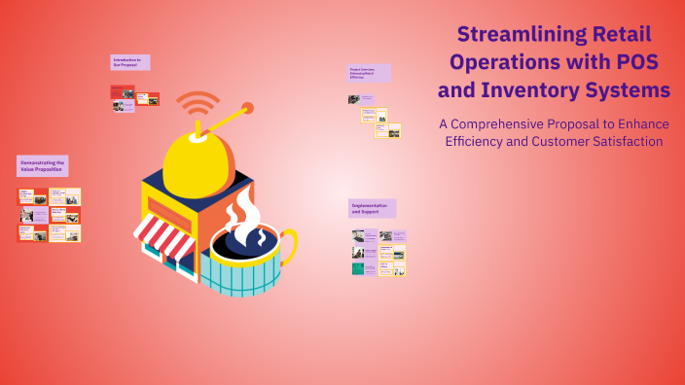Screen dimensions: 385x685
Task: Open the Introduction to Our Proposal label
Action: [129, 62]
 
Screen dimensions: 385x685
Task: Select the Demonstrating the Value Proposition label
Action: [42, 165]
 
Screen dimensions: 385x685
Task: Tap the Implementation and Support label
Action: [371, 208]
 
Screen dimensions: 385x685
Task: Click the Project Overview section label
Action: [368, 73]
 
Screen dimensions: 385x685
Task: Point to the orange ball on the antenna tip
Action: [248, 108]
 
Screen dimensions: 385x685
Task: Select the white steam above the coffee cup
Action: [244, 210]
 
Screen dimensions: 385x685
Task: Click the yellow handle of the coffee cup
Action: [290, 248]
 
